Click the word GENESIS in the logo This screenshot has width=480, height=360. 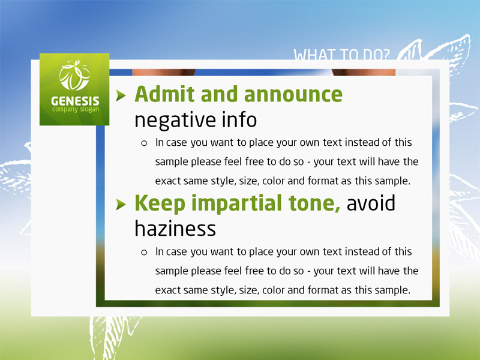tap(75, 101)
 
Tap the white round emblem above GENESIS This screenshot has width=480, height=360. tap(74, 76)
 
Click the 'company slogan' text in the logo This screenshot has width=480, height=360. tap(76, 109)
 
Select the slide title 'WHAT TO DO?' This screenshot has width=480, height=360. tap(341, 55)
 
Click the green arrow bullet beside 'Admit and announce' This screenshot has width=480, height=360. tap(121, 95)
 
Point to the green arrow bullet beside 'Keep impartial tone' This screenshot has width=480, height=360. tap(121, 204)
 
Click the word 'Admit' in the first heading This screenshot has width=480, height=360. tap(164, 94)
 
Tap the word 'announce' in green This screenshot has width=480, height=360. tap(293, 95)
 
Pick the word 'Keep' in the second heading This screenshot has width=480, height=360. tap(160, 204)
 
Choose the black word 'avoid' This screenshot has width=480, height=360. tap(371, 203)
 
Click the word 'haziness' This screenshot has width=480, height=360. tap(175, 229)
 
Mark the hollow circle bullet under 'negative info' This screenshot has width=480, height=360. tap(144, 143)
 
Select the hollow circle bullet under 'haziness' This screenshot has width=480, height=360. tap(144, 252)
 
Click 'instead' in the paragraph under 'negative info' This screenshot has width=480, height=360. tap(362, 142)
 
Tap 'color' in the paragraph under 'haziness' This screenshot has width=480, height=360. tap(274, 290)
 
